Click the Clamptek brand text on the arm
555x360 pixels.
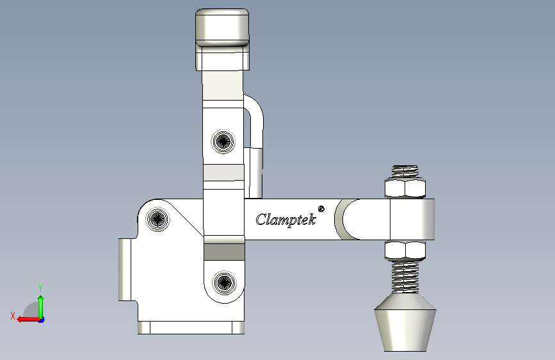pos(286,220)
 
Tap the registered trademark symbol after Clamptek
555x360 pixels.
pos(321,209)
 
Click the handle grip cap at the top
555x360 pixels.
pos(222,28)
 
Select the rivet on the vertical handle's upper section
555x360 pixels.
pos(223,142)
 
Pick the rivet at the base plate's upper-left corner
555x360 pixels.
pos(158,219)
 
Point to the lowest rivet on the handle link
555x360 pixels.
pos(224,282)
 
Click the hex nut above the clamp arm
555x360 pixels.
pos(405,188)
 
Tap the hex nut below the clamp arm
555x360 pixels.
pos(405,250)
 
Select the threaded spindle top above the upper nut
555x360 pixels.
pos(405,172)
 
